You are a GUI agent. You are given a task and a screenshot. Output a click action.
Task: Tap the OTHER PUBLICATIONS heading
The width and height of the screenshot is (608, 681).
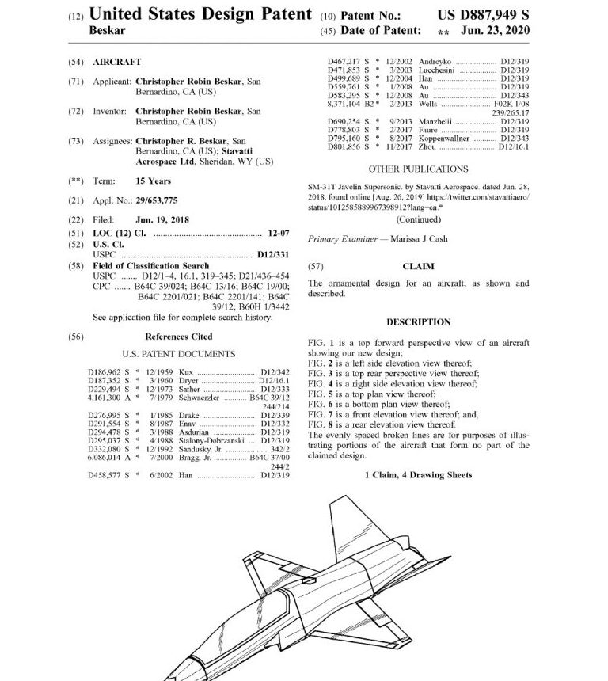pyautogui.click(x=418, y=169)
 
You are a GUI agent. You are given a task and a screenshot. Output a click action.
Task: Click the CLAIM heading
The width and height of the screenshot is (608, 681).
pyautogui.click(x=418, y=267)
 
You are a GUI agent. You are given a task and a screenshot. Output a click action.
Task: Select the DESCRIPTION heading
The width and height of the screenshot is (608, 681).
pyautogui.click(x=418, y=322)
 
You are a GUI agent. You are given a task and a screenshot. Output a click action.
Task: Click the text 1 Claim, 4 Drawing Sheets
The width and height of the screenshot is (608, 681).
pyautogui.click(x=418, y=475)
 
